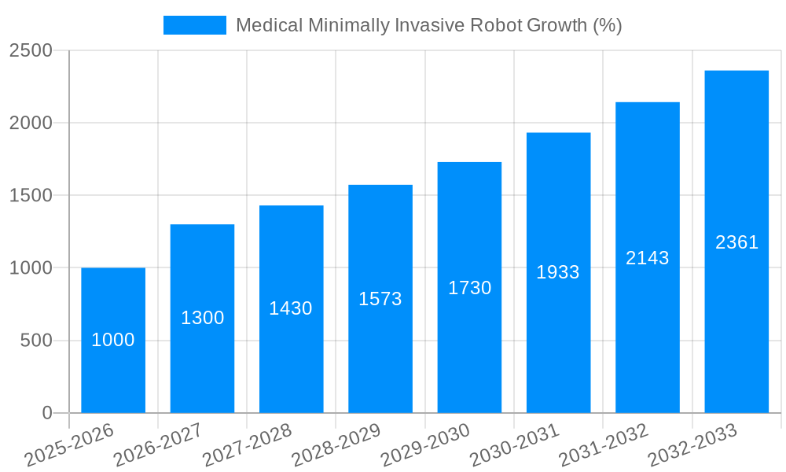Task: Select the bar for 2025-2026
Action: [x=113, y=370]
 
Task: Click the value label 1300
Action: [x=203, y=318]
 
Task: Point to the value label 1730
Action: [x=470, y=288]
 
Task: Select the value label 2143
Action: [x=648, y=258]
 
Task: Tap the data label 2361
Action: [x=736, y=242]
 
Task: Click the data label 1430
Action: [x=291, y=308]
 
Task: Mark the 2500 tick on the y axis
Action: [x=31, y=50]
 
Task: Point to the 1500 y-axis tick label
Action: [x=31, y=196]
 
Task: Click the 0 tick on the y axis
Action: [x=46, y=413]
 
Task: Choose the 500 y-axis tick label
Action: [x=36, y=341]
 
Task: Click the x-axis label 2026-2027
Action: [x=158, y=444]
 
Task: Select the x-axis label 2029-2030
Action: [x=425, y=444]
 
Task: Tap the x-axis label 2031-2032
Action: [x=604, y=444]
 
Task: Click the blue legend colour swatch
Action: [x=194, y=25]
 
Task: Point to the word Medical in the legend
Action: [x=268, y=25]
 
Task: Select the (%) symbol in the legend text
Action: [x=607, y=25]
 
